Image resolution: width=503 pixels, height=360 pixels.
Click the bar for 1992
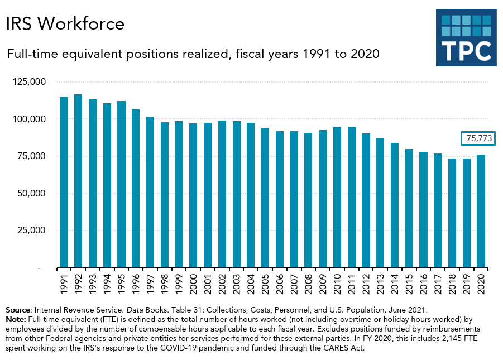click(78, 181)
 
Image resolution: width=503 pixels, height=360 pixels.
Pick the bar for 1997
click(150, 192)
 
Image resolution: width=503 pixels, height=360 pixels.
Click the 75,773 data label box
click(478, 139)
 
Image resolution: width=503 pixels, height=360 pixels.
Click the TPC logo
click(466, 37)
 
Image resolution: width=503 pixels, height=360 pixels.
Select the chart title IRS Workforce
click(65, 23)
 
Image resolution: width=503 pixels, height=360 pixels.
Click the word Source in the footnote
click(18, 309)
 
